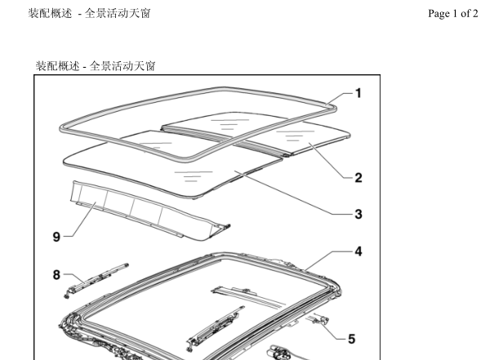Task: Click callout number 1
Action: point(359,93)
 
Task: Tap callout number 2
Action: point(359,178)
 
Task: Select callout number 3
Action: point(359,214)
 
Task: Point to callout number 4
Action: point(359,251)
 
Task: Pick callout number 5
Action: point(351,339)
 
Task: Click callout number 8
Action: point(56,275)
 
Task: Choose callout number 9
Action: point(56,237)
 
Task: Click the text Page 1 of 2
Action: point(452,13)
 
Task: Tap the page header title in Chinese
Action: point(90,13)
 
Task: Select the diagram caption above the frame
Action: point(96,66)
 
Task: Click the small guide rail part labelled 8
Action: point(96,281)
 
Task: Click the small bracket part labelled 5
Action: point(318,320)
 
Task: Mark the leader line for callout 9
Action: point(80,220)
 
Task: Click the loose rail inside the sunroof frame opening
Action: point(215,327)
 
